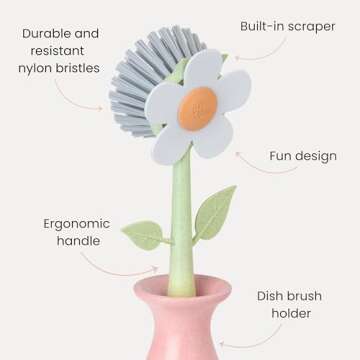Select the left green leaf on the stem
(142, 235)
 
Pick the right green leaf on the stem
(215, 213)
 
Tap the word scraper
(311, 27)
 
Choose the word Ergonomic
(76, 223)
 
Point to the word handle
(75, 244)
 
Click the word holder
(299, 314)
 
